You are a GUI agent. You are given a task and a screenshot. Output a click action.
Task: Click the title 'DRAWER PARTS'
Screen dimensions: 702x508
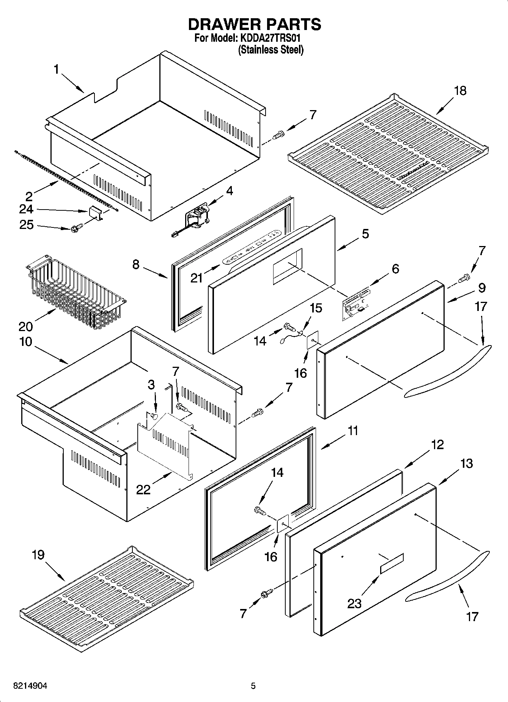254,24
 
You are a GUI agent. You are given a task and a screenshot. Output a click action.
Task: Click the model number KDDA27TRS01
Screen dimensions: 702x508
270,39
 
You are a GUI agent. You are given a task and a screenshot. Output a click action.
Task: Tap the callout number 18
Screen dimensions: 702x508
460,91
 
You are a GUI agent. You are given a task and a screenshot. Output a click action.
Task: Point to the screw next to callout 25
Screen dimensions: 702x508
75,229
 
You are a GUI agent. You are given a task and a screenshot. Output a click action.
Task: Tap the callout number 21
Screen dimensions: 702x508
197,278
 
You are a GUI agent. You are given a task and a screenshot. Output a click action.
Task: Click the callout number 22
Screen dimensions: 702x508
144,490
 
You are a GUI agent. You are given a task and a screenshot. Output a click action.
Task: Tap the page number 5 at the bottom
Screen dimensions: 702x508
253,686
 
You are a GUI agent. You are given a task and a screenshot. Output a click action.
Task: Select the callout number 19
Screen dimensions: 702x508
38,555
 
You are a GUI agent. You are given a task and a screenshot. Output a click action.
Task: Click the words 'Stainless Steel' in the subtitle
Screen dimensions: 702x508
271,50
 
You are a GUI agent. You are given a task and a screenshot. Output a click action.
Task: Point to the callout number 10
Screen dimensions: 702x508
26,341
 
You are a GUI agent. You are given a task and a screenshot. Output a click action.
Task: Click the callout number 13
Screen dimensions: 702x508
466,464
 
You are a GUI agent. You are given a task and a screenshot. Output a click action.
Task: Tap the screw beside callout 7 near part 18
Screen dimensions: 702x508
279,134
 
